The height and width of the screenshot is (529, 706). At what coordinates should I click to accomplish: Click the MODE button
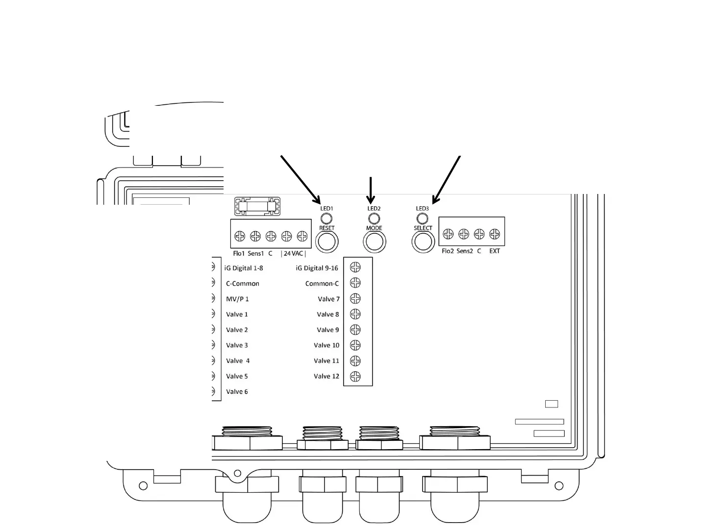pyautogui.click(x=374, y=241)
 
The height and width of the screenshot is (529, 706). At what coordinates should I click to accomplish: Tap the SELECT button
pyautogui.click(x=423, y=241)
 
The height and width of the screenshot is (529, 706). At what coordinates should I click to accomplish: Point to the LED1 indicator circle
pyautogui.click(x=327, y=218)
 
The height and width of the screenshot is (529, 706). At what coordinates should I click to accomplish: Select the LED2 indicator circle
pyautogui.click(x=374, y=218)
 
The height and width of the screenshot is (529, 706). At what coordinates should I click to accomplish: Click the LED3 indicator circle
pyautogui.click(x=422, y=218)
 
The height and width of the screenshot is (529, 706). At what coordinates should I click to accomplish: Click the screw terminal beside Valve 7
pyautogui.click(x=355, y=298)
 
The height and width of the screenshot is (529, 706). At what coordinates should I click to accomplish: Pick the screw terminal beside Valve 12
pyautogui.click(x=355, y=376)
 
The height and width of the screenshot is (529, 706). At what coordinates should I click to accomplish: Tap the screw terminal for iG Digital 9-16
pyautogui.click(x=355, y=267)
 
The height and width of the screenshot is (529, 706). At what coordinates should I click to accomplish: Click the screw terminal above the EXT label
pyautogui.click(x=495, y=234)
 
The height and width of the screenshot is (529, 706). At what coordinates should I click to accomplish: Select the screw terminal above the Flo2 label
pyautogui.click(x=448, y=234)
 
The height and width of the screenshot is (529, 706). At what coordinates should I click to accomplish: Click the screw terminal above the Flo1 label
pyautogui.click(x=239, y=237)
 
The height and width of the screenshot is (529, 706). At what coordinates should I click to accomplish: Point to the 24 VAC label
pyautogui.click(x=293, y=254)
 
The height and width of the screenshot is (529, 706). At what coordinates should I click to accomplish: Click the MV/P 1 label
pyautogui.click(x=237, y=299)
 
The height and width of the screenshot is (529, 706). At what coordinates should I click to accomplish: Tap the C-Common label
pyautogui.click(x=242, y=284)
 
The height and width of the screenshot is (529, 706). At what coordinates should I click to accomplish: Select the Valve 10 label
pyautogui.click(x=327, y=345)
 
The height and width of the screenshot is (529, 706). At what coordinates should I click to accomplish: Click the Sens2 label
pyautogui.click(x=464, y=251)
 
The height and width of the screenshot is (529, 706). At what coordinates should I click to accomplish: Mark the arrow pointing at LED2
pyautogui.click(x=371, y=190)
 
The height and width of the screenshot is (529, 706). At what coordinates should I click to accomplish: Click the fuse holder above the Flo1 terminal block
pyautogui.click(x=257, y=206)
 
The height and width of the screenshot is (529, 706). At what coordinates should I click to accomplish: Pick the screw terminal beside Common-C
pyautogui.click(x=355, y=283)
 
